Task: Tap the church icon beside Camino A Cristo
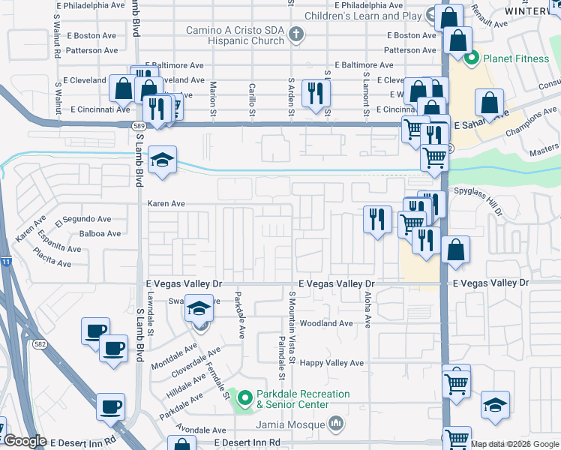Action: pyautogui.click(x=297, y=34)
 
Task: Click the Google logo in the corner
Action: pyautogui.click(x=25, y=441)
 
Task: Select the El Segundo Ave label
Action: pyautogui.click(x=82, y=220)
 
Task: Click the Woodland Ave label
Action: pyautogui.click(x=325, y=323)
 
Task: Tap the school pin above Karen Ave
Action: pyautogui.click(x=162, y=160)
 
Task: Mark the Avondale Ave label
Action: pyautogui.click(x=199, y=430)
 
